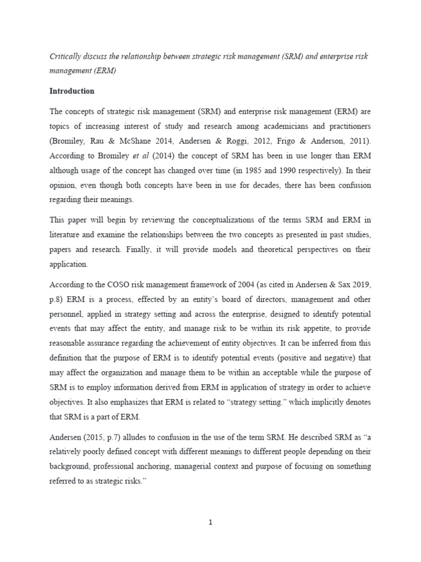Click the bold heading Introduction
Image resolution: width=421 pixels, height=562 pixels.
click(x=72, y=91)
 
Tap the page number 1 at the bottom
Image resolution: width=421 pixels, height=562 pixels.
click(x=210, y=522)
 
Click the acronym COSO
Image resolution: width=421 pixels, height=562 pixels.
click(x=110, y=285)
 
